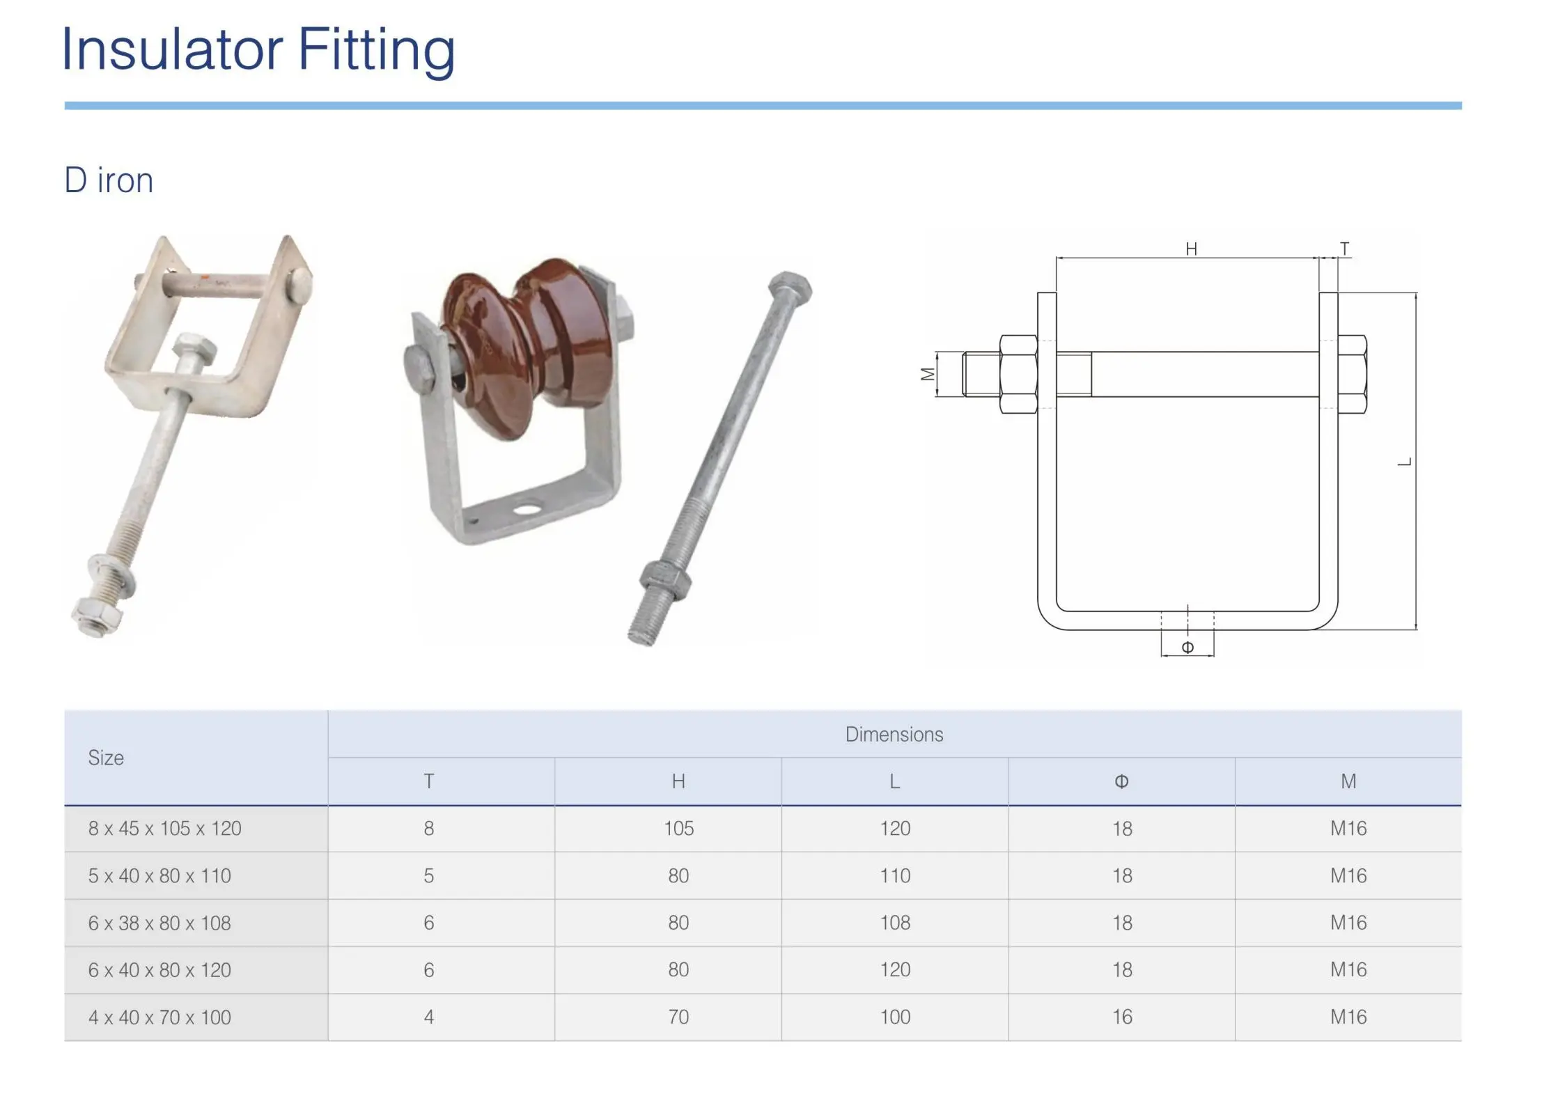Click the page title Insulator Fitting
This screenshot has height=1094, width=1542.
[x=258, y=50]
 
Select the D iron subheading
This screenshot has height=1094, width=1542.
[x=109, y=180]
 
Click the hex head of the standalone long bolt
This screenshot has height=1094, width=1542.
[x=790, y=288]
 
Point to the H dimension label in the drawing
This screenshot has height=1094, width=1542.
[x=1191, y=249]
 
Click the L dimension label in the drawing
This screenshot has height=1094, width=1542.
[x=1405, y=462]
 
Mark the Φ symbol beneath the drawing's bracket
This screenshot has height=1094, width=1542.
[x=1187, y=648]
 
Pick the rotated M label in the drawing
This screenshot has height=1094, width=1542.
[x=927, y=375]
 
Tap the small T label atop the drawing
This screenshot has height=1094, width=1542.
[x=1344, y=249]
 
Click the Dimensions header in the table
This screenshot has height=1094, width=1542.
[x=894, y=734]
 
